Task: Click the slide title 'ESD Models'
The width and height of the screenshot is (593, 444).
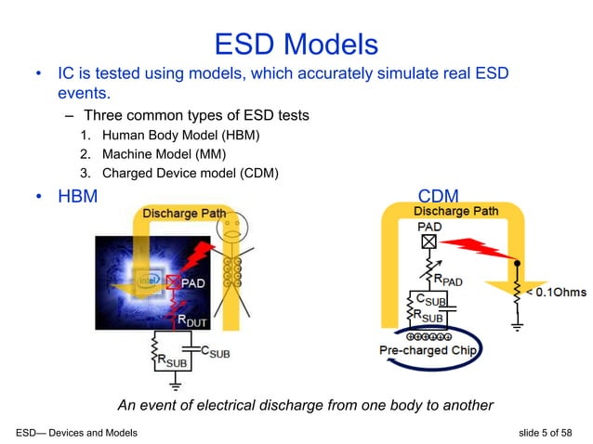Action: [x=296, y=44]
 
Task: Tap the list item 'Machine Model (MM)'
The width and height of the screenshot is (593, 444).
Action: [x=164, y=154]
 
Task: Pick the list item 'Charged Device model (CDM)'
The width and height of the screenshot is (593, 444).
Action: [x=190, y=173]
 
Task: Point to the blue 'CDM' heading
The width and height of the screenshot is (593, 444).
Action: [x=440, y=197]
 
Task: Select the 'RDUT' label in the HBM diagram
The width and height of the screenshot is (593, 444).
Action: [x=194, y=321]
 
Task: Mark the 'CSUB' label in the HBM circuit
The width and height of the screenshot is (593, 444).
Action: [x=214, y=353]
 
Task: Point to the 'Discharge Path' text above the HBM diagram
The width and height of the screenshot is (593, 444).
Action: [x=183, y=214]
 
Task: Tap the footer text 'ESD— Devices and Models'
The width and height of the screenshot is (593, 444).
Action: [x=77, y=433]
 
